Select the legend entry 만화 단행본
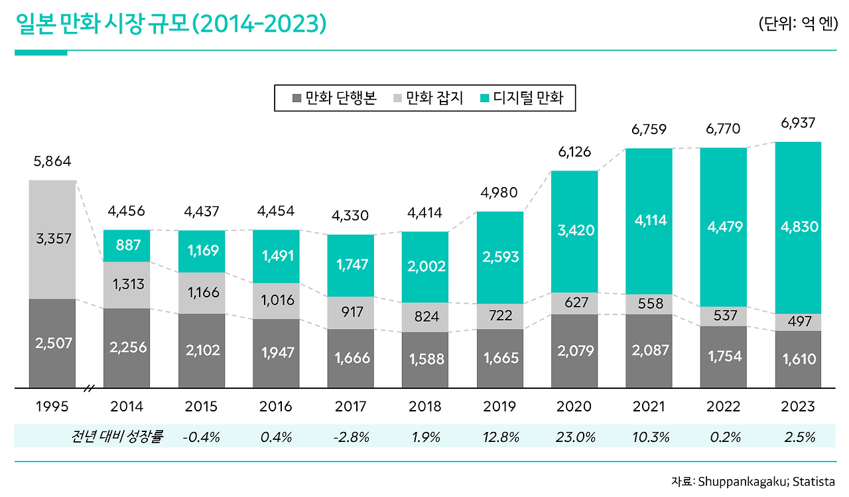tap(334, 99)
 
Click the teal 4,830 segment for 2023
tap(798, 227)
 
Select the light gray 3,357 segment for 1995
tap(52, 239)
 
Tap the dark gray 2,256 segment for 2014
tap(127, 348)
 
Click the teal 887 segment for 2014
tap(127, 246)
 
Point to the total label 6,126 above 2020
tap(574, 152)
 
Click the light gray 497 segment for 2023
tap(798, 322)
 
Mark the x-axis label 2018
tap(425, 406)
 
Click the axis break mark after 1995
tap(90, 388)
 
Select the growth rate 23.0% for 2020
tap(574, 437)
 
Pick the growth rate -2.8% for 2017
tap(351, 437)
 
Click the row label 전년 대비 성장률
tap(117, 437)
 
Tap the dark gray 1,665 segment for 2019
tap(499, 358)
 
